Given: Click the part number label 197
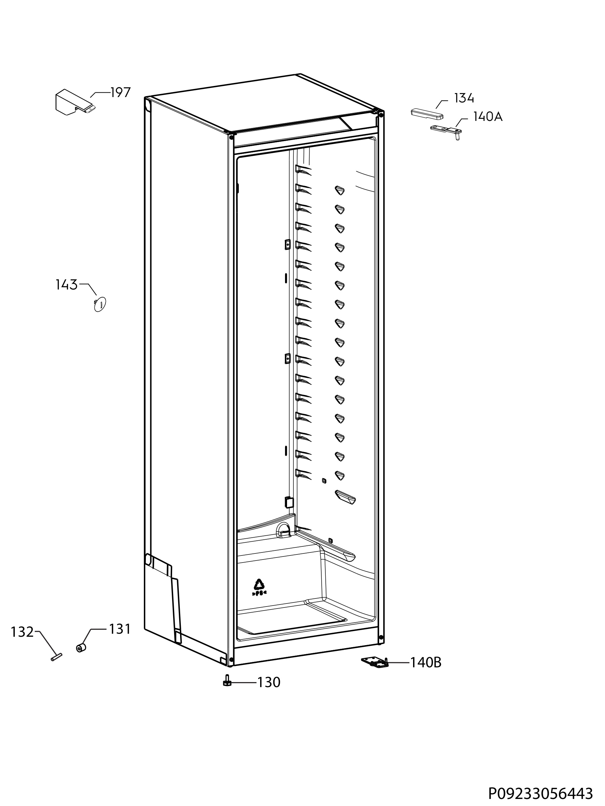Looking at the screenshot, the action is tap(120, 93).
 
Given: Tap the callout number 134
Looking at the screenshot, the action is tap(464, 98).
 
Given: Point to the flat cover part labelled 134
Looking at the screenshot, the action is tap(427, 114).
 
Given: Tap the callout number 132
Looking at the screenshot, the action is tap(22, 632).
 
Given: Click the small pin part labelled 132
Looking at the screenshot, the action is tap(56, 657).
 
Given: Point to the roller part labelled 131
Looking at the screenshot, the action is tap(81, 648).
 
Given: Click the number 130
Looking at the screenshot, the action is tap(269, 682).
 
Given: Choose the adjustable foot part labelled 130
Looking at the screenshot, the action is tap(227, 681).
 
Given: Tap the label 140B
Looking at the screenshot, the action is tap(426, 663).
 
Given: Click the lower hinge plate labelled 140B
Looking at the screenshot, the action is tap(375, 663).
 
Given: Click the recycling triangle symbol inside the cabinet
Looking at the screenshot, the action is tap(259, 584).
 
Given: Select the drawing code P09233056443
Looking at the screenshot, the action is tap(540, 792).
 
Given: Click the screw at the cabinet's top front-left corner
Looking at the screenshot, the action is tap(231, 137).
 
